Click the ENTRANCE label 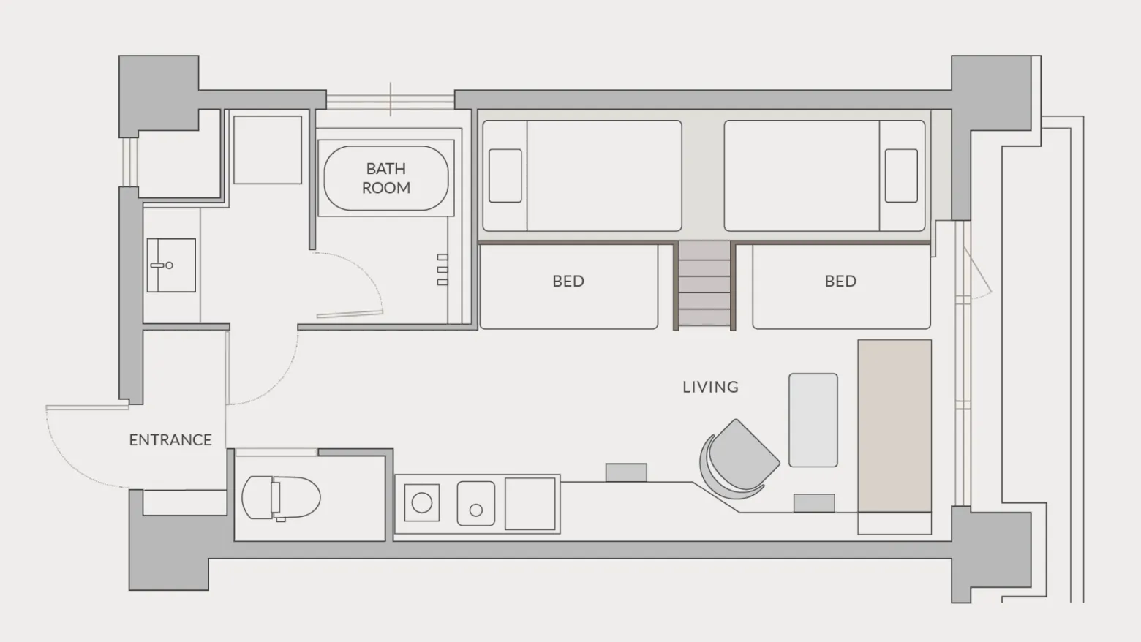(x=170, y=440)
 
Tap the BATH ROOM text (x=386, y=178)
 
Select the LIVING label (x=711, y=387)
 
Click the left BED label (x=568, y=281)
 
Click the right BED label (x=840, y=281)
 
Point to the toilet (x=281, y=497)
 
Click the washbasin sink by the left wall (x=171, y=265)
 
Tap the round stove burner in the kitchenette (x=422, y=502)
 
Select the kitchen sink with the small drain (x=475, y=504)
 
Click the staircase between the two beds (x=704, y=284)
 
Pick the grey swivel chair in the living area (x=739, y=459)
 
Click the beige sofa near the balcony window (x=895, y=426)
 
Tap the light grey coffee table (x=813, y=420)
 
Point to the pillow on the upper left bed (x=505, y=175)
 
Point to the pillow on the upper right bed (x=901, y=175)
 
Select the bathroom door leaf (x=350, y=314)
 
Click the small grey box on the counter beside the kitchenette (x=626, y=472)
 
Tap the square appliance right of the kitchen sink (x=530, y=504)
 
